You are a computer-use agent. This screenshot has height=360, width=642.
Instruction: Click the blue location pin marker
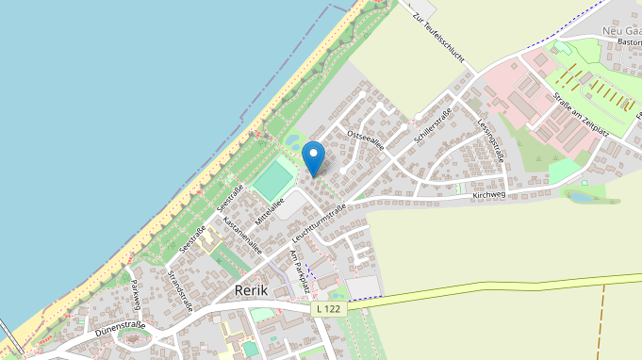313,156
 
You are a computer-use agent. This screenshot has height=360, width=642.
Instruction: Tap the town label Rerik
255,290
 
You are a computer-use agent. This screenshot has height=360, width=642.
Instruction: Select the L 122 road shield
328,308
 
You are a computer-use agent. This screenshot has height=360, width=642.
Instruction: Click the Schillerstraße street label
433,126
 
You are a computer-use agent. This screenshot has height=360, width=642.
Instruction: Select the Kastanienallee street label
242,237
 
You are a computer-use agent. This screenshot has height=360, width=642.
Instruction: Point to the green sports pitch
273,179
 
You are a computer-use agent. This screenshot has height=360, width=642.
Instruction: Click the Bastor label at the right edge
628,42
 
